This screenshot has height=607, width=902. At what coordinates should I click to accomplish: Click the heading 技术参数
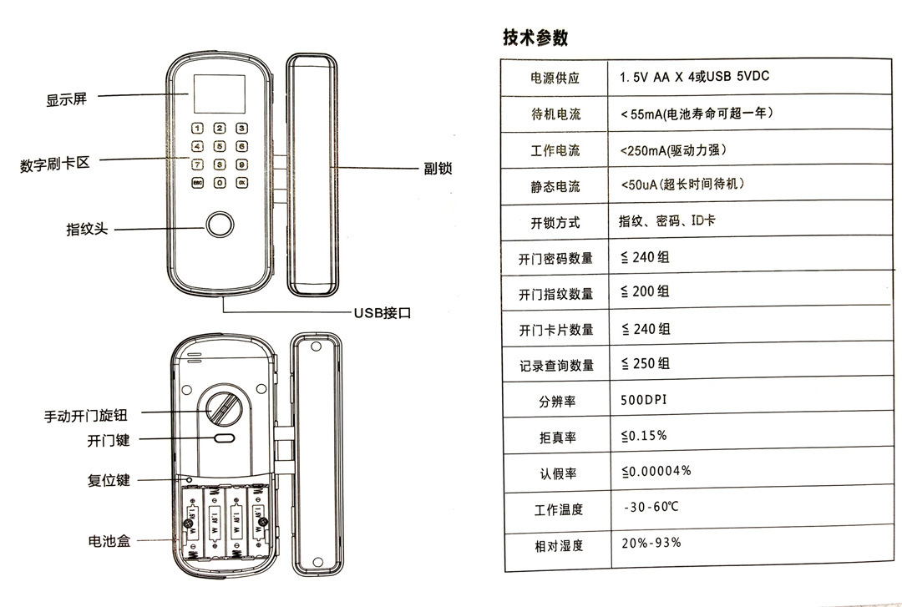(x=535, y=38)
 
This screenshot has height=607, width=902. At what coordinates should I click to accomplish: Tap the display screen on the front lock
(x=219, y=94)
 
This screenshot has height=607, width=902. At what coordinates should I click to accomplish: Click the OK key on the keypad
(x=241, y=182)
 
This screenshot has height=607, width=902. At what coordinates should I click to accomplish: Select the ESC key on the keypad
(x=198, y=182)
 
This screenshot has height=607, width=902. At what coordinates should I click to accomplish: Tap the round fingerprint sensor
(x=220, y=225)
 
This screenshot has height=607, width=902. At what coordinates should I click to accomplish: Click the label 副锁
(x=438, y=169)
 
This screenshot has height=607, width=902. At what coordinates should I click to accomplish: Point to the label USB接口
(x=383, y=314)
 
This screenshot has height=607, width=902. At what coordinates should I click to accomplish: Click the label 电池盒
(x=109, y=541)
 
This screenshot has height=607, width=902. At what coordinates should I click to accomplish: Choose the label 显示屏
(x=66, y=99)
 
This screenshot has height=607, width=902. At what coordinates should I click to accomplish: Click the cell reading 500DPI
(x=644, y=400)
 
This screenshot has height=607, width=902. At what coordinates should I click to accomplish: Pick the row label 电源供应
(x=555, y=78)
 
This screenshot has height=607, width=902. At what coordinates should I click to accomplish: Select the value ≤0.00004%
(x=656, y=471)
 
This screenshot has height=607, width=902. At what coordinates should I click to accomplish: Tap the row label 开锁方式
(x=555, y=224)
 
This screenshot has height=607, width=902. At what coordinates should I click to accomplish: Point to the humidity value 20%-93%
(x=651, y=543)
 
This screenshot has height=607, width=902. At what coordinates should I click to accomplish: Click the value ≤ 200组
(x=645, y=291)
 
